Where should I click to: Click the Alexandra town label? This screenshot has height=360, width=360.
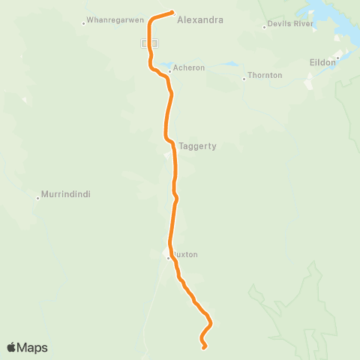tap(199, 21)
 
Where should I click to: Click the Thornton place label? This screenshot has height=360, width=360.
tap(265, 76)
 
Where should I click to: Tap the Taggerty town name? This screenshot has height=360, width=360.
tap(197, 146)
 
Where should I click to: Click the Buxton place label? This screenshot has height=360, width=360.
tap(186, 255)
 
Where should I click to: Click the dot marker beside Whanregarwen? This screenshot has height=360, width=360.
tap(83, 23)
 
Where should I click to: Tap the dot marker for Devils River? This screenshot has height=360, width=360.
tap(265, 27)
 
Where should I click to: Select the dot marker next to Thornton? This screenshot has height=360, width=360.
tap(244, 78)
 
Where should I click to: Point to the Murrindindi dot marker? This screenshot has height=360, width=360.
tap(37, 198)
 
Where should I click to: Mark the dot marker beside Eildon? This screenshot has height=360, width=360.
tap(338, 57)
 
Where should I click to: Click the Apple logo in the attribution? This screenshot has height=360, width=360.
tap(12, 347)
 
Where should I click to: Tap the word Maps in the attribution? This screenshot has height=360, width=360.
tap(34, 347)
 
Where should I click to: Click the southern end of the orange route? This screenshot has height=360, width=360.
tap(204, 346)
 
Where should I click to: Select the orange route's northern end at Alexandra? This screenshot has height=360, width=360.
tap(172, 12)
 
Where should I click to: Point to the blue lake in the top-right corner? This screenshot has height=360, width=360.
tap(330, 19)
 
